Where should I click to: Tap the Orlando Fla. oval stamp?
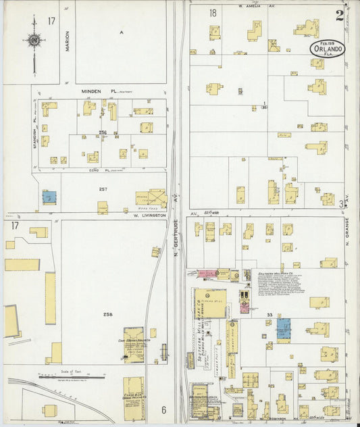[x=328, y=49]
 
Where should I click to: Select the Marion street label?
[x=68, y=41]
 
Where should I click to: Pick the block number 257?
[x=103, y=190]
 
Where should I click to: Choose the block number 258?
[x=107, y=316]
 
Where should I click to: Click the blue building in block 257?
[x=49, y=197]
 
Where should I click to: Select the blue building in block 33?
[x=283, y=329]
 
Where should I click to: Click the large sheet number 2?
[x=339, y=15]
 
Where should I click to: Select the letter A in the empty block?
[x=121, y=32]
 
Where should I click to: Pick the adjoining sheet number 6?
[x=163, y=409]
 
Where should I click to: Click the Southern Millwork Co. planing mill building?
[x=211, y=303]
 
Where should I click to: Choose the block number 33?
[x=269, y=315]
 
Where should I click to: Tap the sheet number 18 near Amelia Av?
[x=213, y=13]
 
